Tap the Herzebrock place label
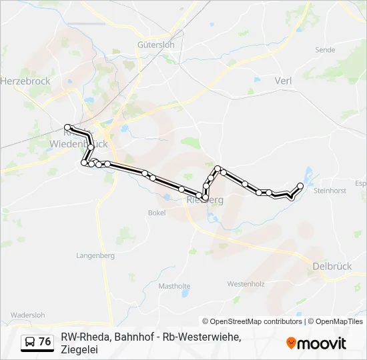(x=25, y=81)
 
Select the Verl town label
(x=283, y=81)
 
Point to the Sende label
(x=325, y=50)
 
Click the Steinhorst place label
(x=330, y=191)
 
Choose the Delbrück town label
(x=332, y=266)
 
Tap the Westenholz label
(x=246, y=284)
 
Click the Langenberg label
(x=95, y=255)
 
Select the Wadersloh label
(x=27, y=315)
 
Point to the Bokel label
(x=156, y=213)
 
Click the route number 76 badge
(x=45, y=341)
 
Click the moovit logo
(x=316, y=343)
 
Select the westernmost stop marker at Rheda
(x=67, y=127)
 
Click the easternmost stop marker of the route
(x=300, y=185)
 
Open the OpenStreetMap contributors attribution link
(x=252, y=321)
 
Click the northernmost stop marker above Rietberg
(x=218, y=168)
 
